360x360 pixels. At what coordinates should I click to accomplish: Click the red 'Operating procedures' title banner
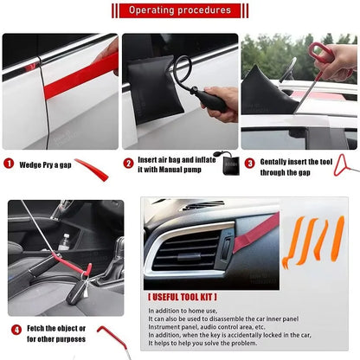(179, 10)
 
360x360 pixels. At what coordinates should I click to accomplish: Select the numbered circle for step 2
(128, 163)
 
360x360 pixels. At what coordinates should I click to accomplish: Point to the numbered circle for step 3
(249, 163)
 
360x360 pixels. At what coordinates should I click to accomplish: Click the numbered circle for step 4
(16, 330)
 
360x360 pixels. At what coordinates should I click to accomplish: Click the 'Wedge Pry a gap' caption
(43, 164)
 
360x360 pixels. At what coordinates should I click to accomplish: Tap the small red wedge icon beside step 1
(92, 170)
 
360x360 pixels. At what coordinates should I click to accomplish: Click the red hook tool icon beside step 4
(112, 337)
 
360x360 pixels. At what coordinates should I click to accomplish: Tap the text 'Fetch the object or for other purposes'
(57, 334)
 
